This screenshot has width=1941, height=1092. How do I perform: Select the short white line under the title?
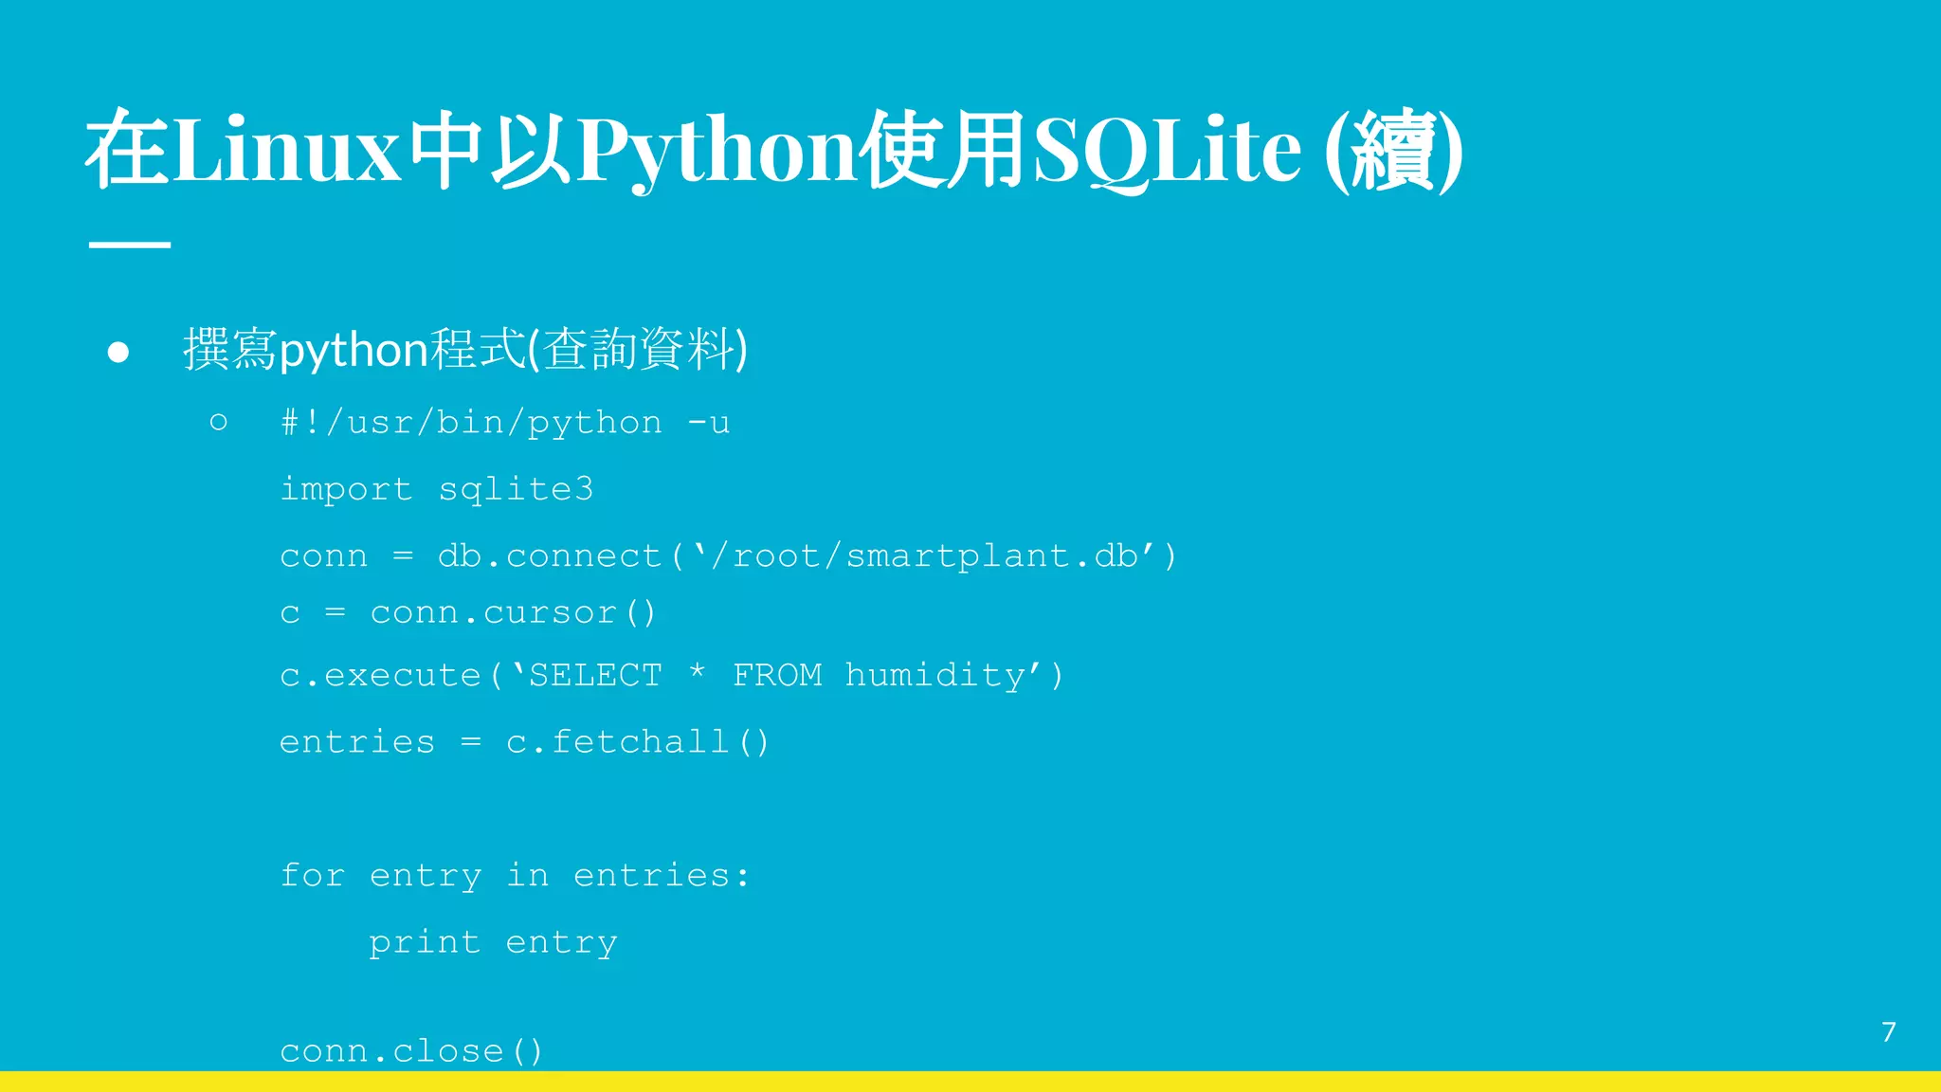[x=130, y=245]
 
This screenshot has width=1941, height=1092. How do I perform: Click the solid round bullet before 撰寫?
[x=118, y=353]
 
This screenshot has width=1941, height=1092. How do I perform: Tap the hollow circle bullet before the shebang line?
[x=218, y=422]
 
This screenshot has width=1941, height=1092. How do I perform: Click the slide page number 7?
[x=1888, y=1031]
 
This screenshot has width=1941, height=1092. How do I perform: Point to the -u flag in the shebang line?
[x=709, y=423]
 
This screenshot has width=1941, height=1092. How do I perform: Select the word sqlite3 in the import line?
[x=516, y=489]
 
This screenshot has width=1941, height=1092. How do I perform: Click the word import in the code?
[x=346, y=490]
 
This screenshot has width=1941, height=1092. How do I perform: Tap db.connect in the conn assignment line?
[x=550, y=555]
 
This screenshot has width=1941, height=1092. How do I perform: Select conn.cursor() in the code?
[x=513, y=613]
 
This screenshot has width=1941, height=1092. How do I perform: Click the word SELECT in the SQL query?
[x=595, y=675]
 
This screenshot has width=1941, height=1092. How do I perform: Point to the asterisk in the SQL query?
[x=698, y=673]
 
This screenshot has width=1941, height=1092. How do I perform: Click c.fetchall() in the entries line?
[x=638, y=741]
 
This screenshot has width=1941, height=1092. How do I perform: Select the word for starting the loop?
[x=312, y=875]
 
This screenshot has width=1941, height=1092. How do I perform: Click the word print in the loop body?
[x=425, y=942]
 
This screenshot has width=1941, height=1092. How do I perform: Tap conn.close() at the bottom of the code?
[x=411, y=1050]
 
